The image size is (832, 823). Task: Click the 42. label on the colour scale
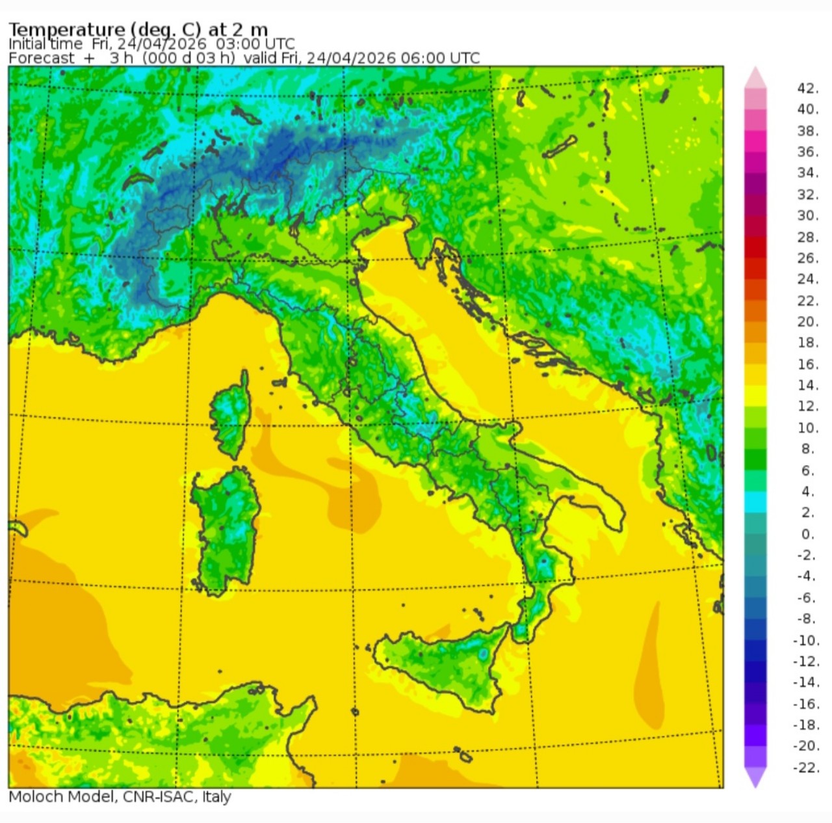click(807, 88)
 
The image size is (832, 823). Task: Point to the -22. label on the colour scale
click(806, 768)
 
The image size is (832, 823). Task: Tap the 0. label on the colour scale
click(807, 534)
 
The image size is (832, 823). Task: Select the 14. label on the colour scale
click(807, 385)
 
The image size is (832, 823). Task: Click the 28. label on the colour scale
click(807, 237)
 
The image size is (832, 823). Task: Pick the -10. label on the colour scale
click(806, 640)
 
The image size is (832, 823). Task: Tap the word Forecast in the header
click(42, 58)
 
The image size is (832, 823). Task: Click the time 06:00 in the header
click(424, 58)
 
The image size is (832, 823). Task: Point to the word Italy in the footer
click(216, 797)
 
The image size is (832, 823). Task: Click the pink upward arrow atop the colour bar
click(755, 77)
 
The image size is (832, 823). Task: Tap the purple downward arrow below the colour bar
click(755, 777)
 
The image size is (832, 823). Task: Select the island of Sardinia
click(224, 527)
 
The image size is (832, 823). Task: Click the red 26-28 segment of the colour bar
click(755, 247)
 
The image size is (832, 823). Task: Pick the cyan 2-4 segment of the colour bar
click(755, 502)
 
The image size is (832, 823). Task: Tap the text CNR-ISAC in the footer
click(159, 797)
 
